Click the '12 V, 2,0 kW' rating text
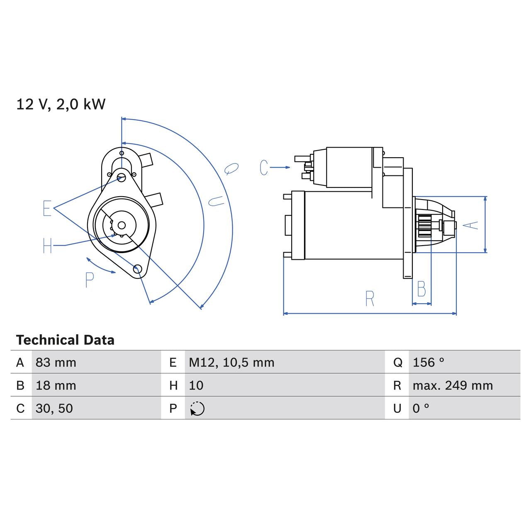(x=61, y=104)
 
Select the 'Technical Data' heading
(x=65, y=340)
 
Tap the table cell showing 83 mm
(x=56, y=363)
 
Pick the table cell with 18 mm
(x=56, y=385)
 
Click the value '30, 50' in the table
(x=54, y=408)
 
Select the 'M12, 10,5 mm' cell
(x=231, y=363)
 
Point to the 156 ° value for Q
(x=428, y=363)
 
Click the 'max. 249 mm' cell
(x=453, y=385)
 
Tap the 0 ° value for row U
(x=421, y=408)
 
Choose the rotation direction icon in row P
(x=197, y=409)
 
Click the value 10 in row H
(x=196, y=385)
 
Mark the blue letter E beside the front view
(x=47, y=208)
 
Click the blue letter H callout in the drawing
(x=47, y=246)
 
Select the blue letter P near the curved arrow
(x=89, y=280)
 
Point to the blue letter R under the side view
(x=370, y=298)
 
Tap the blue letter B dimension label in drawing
(x=421, y=289)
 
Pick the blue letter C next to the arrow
(x=264, y=167)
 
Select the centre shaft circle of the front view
(x=122, y=225)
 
